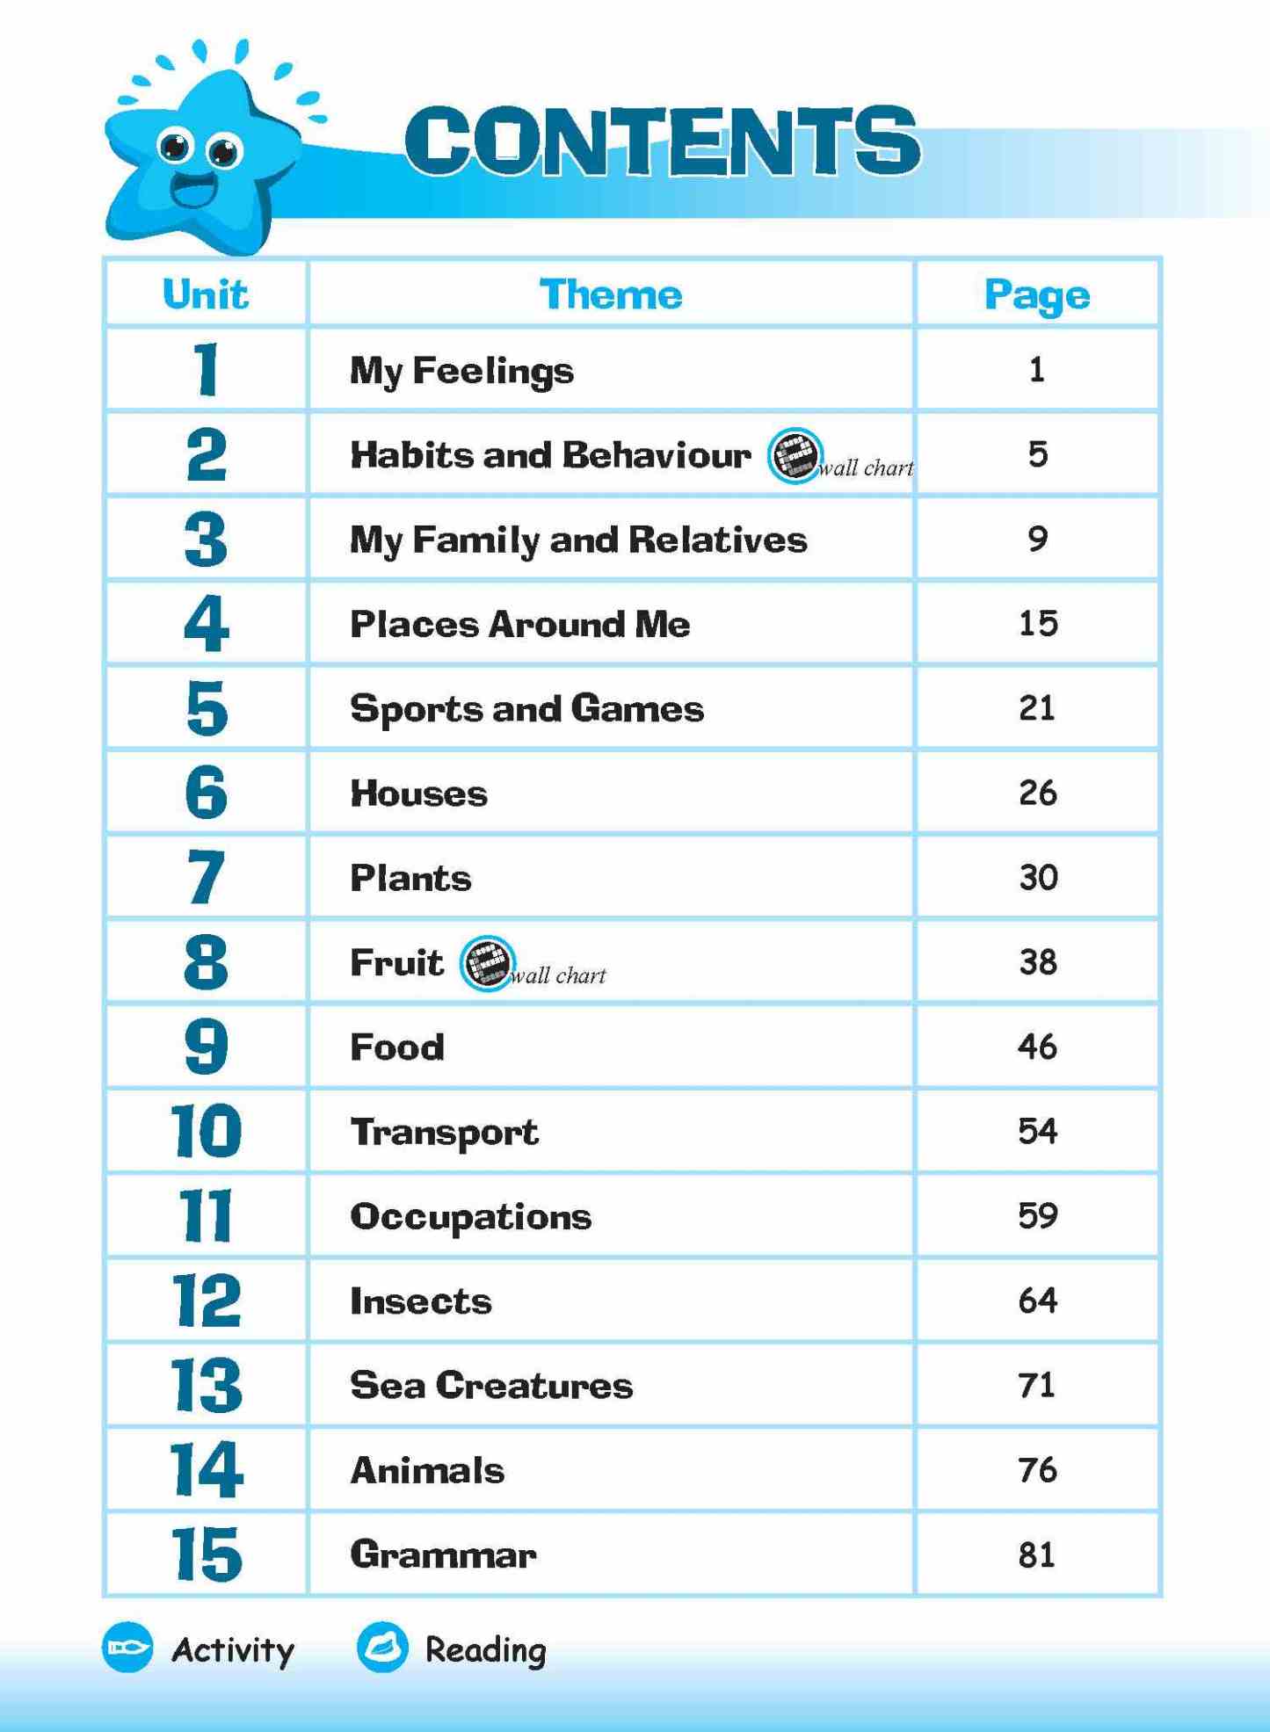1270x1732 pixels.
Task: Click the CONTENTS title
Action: coord(662,141)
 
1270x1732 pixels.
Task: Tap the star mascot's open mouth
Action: coord(194,190)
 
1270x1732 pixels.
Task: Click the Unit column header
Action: coord(206,294)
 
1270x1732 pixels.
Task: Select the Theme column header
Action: coord(611,294)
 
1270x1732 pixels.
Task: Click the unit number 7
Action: coord(207,877)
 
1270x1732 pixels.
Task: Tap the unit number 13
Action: coord(207,1385)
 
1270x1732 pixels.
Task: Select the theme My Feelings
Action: coord(461,371)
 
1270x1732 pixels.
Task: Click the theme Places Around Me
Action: coord(519,624)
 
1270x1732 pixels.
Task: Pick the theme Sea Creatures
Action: coord(491,1385)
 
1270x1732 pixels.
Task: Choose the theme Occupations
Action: coord(471,1216)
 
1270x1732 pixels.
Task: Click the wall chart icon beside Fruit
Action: coord(486,963)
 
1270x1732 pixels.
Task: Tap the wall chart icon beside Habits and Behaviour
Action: coord(795,455)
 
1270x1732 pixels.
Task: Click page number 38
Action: coord(1038,962)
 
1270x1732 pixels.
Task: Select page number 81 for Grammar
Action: coord(1037,1554)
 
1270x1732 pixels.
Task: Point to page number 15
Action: coord(1038,624)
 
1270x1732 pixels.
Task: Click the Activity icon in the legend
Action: coord(128,1647)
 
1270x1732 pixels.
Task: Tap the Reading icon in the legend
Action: coord(382,1647)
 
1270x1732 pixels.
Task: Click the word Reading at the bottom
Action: coord(485,1650)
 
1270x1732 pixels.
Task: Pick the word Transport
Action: coord(444,1132)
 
